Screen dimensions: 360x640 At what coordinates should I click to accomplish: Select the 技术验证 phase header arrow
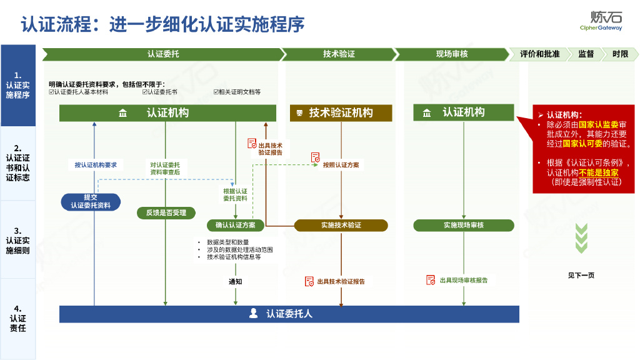tap(338, 54)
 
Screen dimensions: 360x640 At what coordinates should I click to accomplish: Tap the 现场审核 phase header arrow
tap(451, 54)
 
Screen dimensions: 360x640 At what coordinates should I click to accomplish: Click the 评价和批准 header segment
tap(539, 54)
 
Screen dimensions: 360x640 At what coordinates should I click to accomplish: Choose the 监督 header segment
tap(586, 54)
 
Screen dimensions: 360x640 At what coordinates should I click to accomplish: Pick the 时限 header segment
tap(620, 54)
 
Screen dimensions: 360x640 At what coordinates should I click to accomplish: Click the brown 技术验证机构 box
tap(341, 113)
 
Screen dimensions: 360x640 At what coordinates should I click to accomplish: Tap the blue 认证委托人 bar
tap(289, 314)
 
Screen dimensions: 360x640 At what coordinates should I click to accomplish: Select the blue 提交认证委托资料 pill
tap(91, 201)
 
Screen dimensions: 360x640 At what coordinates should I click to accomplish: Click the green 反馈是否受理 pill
tap(166, 213)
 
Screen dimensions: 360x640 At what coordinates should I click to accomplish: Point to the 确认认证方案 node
tap(235, 225)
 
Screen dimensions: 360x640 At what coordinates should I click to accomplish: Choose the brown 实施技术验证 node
tap(341, 225)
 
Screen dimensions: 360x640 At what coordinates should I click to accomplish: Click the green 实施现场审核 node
tap(463, 225)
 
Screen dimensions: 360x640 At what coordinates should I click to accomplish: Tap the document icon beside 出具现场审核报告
tap(431, 280)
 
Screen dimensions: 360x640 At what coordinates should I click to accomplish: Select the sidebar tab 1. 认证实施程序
tap(17, 86)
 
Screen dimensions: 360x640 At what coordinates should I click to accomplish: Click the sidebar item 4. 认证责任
tap(17, 318)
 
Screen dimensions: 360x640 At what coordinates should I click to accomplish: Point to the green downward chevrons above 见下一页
tap(581, 238)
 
